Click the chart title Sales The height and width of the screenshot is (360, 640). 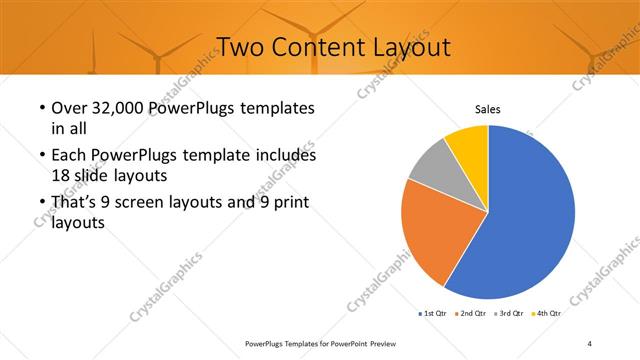point(487,109)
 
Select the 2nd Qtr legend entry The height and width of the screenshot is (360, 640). point(473,314)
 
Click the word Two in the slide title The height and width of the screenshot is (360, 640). point(238,47)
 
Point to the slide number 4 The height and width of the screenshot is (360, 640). point(590,344)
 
